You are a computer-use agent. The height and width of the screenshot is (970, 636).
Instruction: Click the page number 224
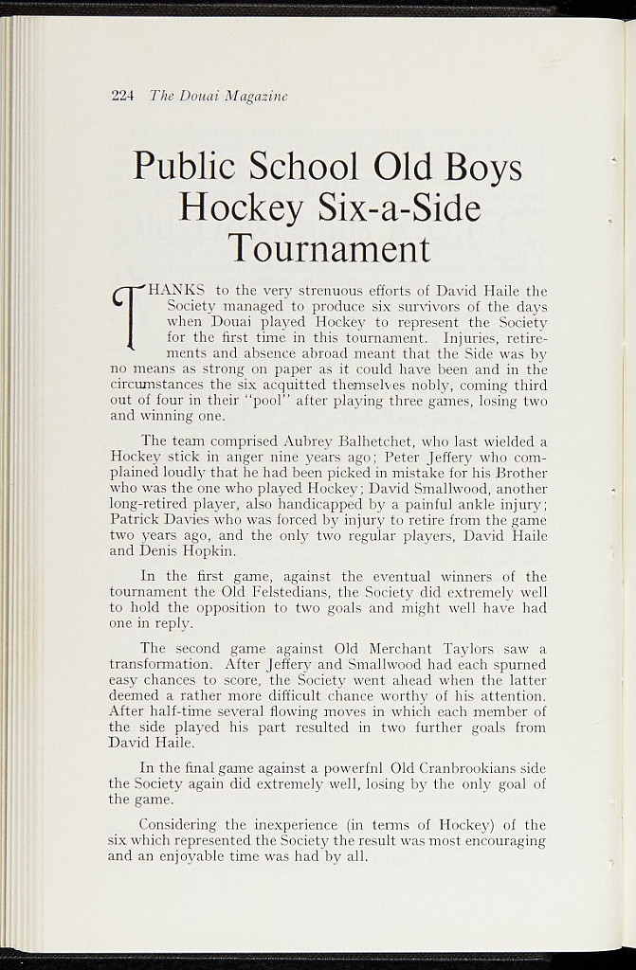tap(123, 96)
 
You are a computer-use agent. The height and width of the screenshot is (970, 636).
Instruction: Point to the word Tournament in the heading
tap(329, 248)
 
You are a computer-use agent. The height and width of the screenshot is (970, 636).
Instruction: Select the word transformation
tap(163, 665)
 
